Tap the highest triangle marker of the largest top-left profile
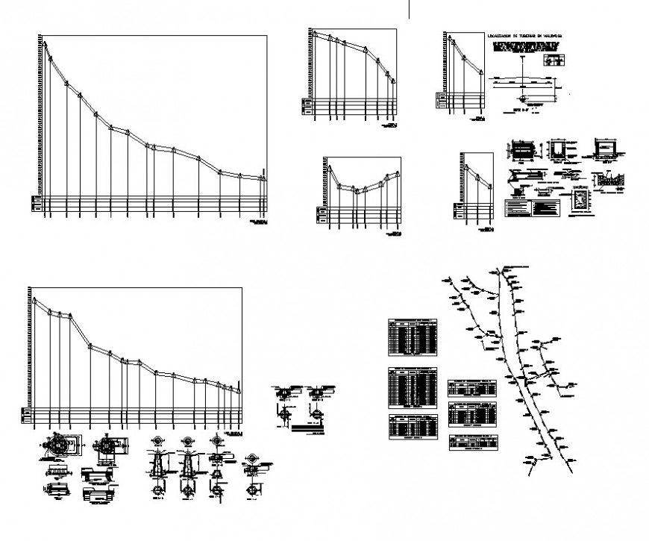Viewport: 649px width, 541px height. [45, 44]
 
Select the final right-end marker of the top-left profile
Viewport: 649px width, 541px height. [263, 178]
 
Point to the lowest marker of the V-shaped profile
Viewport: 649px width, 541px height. [357, 190]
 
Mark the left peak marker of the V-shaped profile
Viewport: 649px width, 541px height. [326, 169]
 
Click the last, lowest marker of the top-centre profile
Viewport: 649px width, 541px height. [393, 81]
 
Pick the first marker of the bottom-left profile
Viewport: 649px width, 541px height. [34, 300]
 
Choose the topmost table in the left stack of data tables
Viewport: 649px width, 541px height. [413, 336]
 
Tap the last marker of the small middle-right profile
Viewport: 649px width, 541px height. [491, 186]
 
